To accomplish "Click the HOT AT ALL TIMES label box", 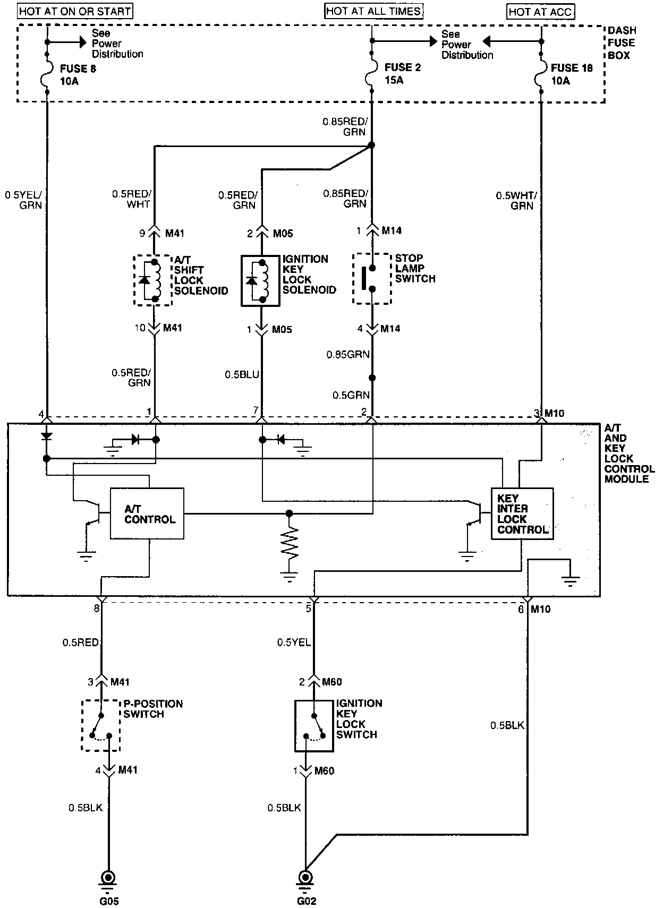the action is point(374,11).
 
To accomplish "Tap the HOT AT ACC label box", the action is point(540,12).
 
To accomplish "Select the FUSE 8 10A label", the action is point(78,75).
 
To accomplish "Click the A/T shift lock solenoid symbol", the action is point(153,280).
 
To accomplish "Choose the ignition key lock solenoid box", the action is point(260,280).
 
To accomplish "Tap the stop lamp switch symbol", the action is point(372,278).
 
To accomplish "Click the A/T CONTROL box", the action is point(147,513).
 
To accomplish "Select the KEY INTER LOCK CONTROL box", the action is point(522,513).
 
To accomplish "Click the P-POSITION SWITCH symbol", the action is point(101,725).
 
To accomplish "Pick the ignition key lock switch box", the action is point(314,725).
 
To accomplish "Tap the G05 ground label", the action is point(109,901).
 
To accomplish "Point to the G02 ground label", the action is point(307,901).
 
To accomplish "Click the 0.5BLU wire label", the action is point(242,374).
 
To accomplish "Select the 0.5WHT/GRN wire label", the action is point(516,201).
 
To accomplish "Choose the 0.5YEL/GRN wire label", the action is point(23,200).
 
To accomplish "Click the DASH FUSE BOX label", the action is point(622,43).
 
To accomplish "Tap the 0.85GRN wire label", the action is point(348,355).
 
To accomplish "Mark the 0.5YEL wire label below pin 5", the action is point(294,642).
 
